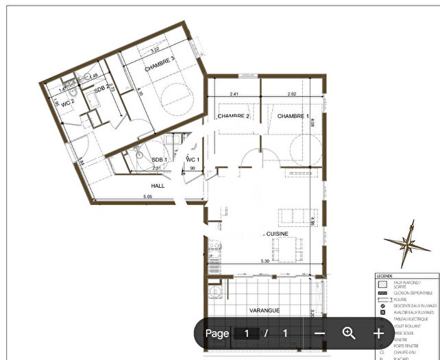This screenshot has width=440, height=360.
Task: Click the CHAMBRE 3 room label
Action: tap(160, 68)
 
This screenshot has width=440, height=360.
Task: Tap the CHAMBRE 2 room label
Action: tap(233, 116)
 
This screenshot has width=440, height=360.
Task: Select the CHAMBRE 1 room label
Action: tap(293, 116)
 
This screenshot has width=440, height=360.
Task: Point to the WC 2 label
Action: tap(67, 103)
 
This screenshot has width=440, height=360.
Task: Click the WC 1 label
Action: tap(193, 160)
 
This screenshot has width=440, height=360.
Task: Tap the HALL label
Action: tap(159, 185)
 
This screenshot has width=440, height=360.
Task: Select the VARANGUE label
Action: tap(265, 310)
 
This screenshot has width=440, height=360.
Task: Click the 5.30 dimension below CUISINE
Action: tap(264, 261)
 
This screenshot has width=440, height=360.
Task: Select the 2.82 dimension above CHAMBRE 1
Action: tap(291, 94)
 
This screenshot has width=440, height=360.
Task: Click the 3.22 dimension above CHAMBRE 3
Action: tap(154, 49)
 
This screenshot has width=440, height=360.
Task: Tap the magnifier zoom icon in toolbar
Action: tap(349, 333)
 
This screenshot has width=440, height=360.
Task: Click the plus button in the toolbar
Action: tap(378, 333)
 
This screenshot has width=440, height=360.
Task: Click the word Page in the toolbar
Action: tap(217, 333)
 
